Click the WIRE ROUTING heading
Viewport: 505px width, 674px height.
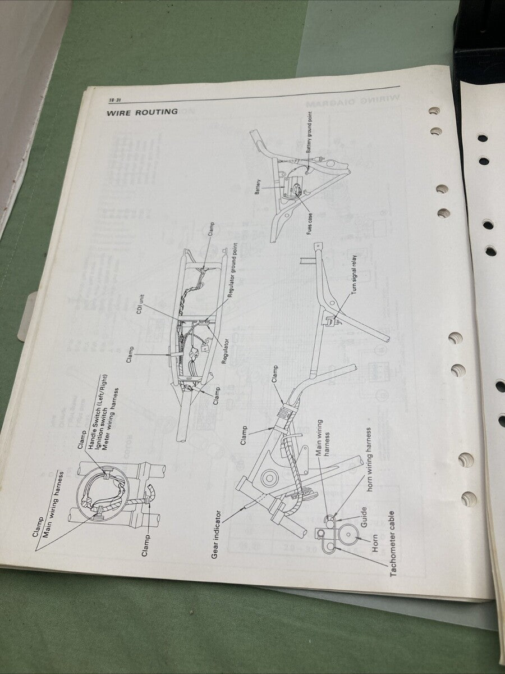click(143, 112)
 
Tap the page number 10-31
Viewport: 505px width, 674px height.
click(116, 101)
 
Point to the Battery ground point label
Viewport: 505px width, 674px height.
click(310, 133)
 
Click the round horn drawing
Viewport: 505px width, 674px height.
click(348, 534)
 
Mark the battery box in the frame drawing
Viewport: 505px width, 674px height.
click(295, 188)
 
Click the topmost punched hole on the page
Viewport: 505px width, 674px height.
click(434, 111)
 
